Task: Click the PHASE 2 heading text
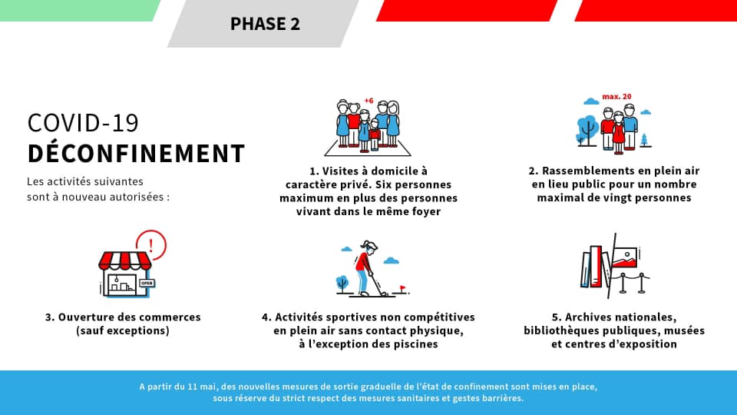point(265,24)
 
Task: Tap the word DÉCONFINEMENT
point(137,154)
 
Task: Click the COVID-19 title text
point(83,123)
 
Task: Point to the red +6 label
point(369,101)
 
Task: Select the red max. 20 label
point(616,97)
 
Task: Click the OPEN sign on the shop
point(147,283)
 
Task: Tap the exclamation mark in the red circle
point(151,245)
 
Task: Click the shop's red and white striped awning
point(125,261)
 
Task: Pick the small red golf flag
point(402,287)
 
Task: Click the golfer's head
point(370,247)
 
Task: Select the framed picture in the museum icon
point(624,257)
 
